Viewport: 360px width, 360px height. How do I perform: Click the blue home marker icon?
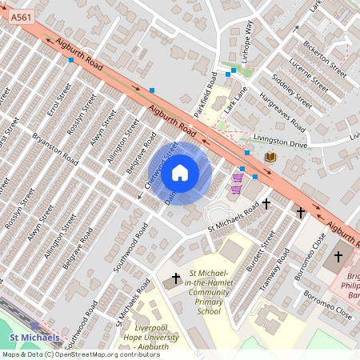click(x=180, y=173)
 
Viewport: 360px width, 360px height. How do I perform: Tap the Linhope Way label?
click(x=247, y=38)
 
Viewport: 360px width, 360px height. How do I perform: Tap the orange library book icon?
click(x=270, y=157)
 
